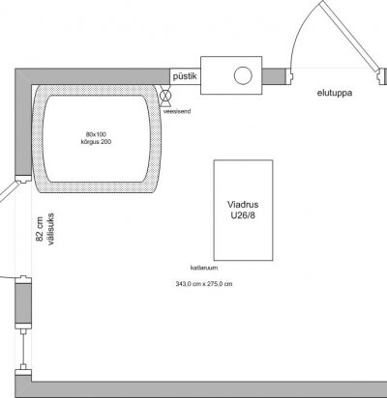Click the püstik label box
click(185, 76)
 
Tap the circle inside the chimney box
click(243, 75)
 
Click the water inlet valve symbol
click(165, 96)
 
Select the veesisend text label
click(177, 111)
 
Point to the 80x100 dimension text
click(96, 134)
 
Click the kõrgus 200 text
click(96, 142)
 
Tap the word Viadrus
click(243, 205)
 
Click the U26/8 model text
click(243, 215)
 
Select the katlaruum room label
click(204, 268)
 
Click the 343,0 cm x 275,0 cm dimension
click(204, 284)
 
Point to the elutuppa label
click(335, 93)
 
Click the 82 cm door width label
click(40, 229)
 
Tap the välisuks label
click(50, 229)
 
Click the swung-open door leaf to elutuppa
click(350, 36)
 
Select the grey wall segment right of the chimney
click(274, 76)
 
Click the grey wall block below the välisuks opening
click(23, 302)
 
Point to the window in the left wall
click(23, 349)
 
